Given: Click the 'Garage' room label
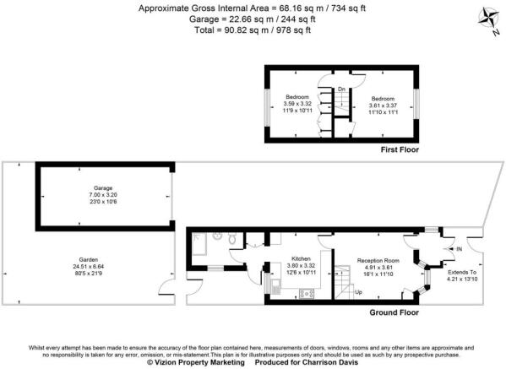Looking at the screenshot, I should (x=104, y=189).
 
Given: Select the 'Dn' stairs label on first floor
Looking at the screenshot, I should (x=341, y=89).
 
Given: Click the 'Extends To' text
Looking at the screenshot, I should (x=461, y=272).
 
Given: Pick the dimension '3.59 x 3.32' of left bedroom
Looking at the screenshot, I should (x=297, y=104).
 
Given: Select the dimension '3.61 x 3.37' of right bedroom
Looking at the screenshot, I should (x=381, y=104).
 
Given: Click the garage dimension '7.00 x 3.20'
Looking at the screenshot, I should (x=104, y=196).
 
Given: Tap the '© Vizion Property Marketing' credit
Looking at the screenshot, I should (x=195, y=362).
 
